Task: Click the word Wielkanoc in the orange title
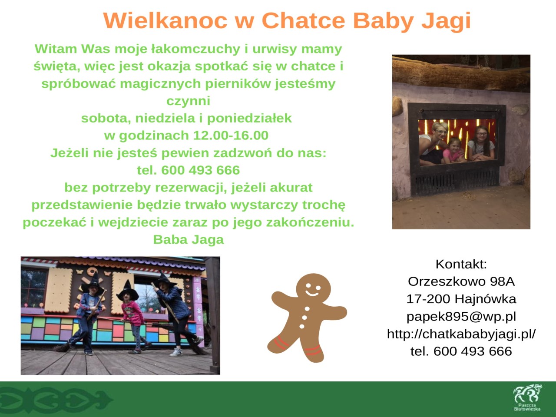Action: [x=165, y=20]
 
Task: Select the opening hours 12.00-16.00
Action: [x=231, y=135]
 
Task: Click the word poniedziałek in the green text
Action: [x=249, y=119]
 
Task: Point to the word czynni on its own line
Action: [x=188, y=101]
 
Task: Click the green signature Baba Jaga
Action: [x=189, y=239]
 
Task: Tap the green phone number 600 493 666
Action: [x=200, y=170]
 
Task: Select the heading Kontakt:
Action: [x=461, y=265]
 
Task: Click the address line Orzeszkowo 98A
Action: [x=461, y=281]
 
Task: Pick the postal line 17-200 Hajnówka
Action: [x=461, y=299]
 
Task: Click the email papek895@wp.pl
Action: [x=461, y=317]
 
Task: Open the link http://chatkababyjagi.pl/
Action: [x=461, y=334]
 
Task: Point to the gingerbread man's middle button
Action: [x=304, y=318]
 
